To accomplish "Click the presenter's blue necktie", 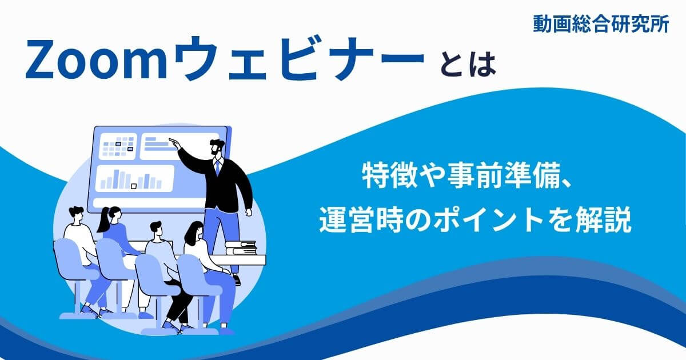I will point(217,166).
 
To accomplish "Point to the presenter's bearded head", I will point(217,147).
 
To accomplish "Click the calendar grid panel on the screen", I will point(118,146).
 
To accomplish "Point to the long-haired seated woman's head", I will point(194,231).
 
